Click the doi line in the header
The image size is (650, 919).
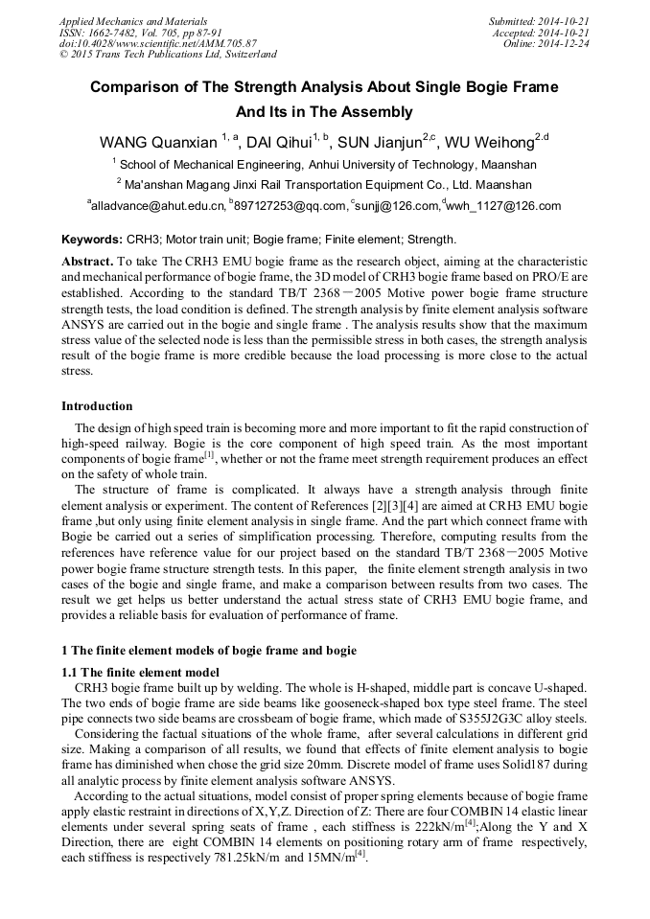(x=157, y=43)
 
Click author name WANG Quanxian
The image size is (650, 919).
(x=158, y=143)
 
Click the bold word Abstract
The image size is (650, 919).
(x=86, y=261)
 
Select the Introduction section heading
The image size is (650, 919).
(x=97, y=406)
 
